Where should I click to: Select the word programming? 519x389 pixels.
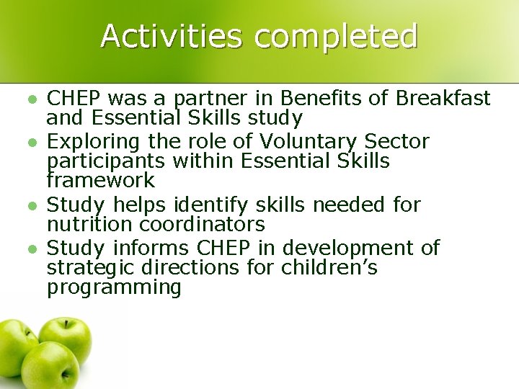[x=114, y=287]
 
